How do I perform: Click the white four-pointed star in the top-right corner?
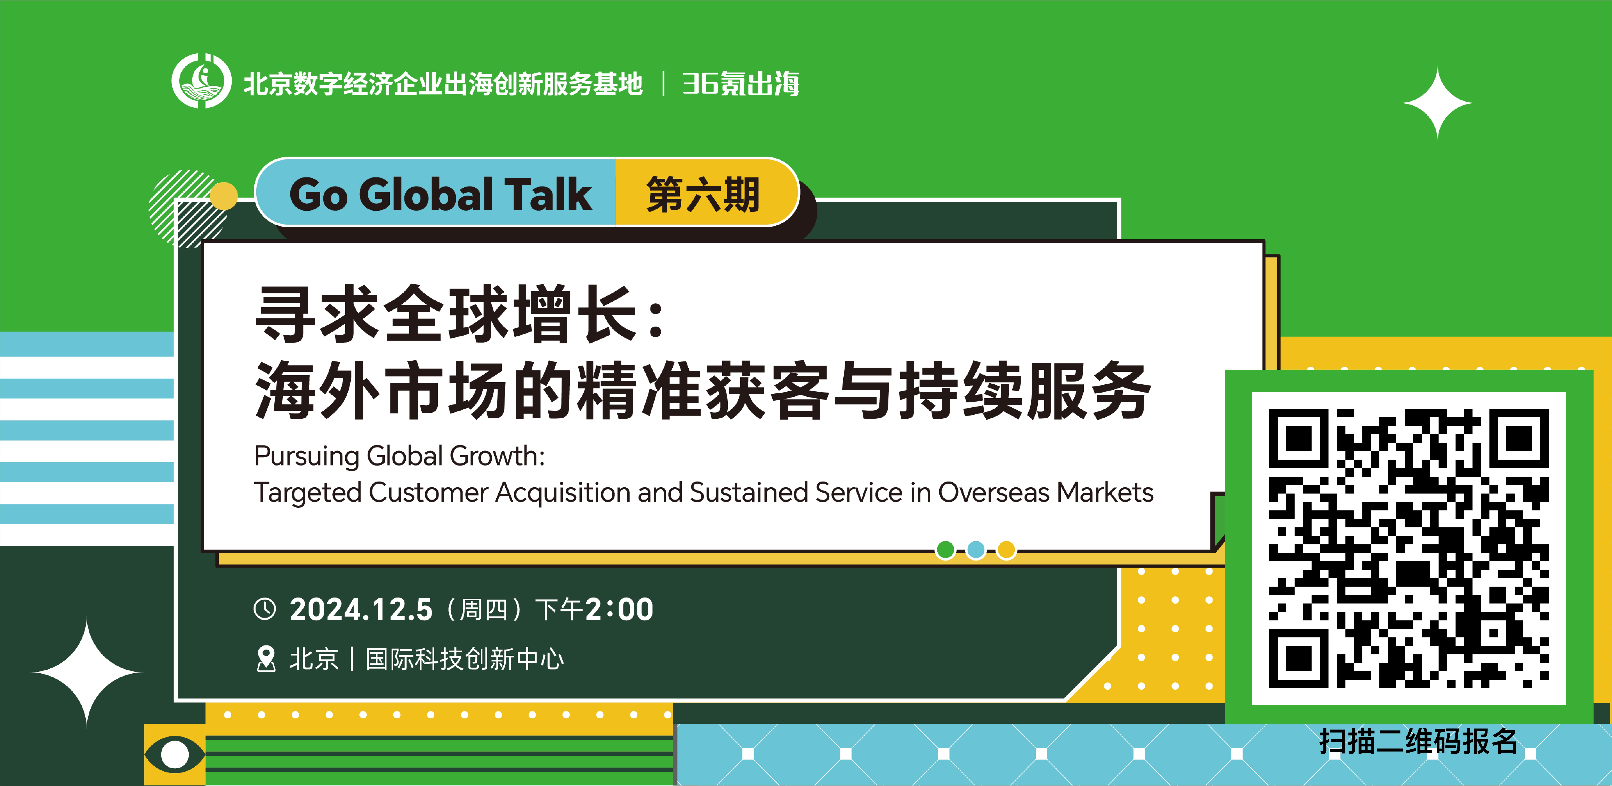click(1437, 103)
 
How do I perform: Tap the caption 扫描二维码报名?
click(1418, 742)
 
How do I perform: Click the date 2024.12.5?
click(361, 609)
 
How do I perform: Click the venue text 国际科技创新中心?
click(464, 659)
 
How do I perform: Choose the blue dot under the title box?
click(976, 550)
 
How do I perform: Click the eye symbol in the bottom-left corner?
click(175, 754)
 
